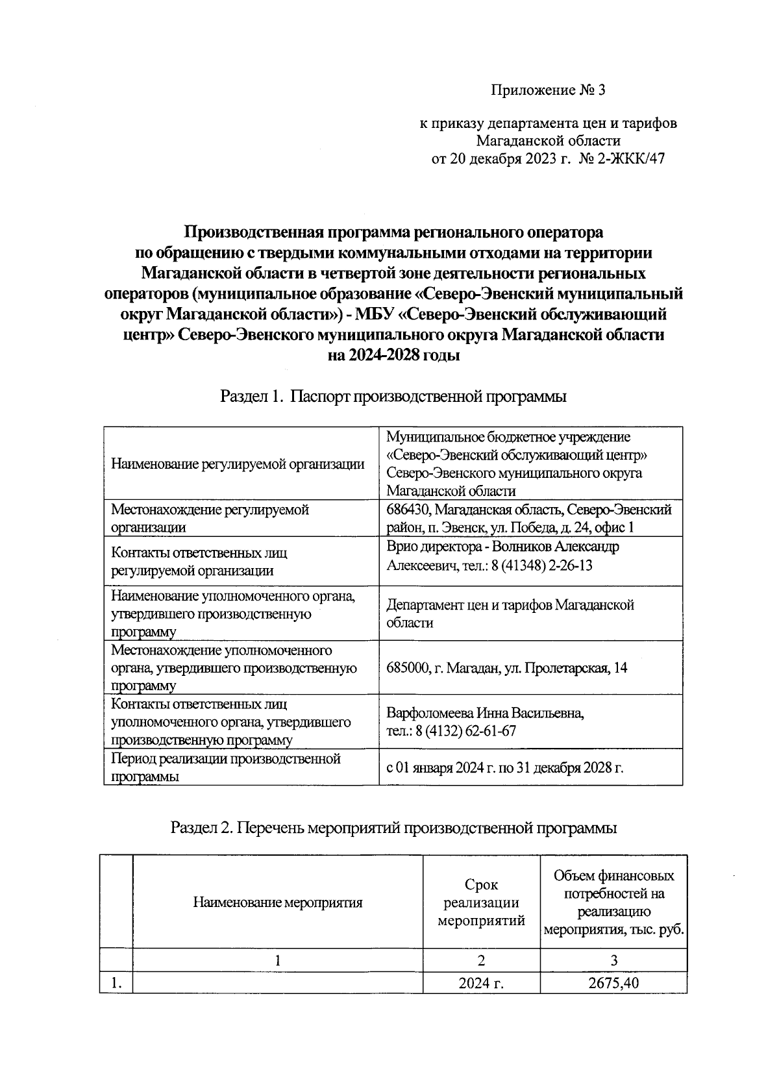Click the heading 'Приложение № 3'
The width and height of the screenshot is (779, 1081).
547,90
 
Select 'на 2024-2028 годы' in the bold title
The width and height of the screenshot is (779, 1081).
394,356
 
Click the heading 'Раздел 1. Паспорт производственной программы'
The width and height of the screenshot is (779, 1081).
393,396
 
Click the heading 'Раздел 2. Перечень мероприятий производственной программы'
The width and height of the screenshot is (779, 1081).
393,828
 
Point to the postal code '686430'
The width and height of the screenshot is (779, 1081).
407,510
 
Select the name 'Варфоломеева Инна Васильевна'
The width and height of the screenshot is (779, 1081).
485,713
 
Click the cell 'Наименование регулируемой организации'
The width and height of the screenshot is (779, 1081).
238,464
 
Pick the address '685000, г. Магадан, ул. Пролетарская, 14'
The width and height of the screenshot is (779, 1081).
506,667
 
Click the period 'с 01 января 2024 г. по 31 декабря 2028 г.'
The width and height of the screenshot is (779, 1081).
504,767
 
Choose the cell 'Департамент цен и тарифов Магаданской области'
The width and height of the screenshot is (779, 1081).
510,614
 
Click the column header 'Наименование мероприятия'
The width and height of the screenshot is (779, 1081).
277,902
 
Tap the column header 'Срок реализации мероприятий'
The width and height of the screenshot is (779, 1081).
481,902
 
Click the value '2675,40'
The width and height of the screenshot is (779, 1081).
613,983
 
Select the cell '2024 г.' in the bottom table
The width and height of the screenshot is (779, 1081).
481,983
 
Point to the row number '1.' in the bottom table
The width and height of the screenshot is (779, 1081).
116,983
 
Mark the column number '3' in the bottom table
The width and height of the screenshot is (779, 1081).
613,960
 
